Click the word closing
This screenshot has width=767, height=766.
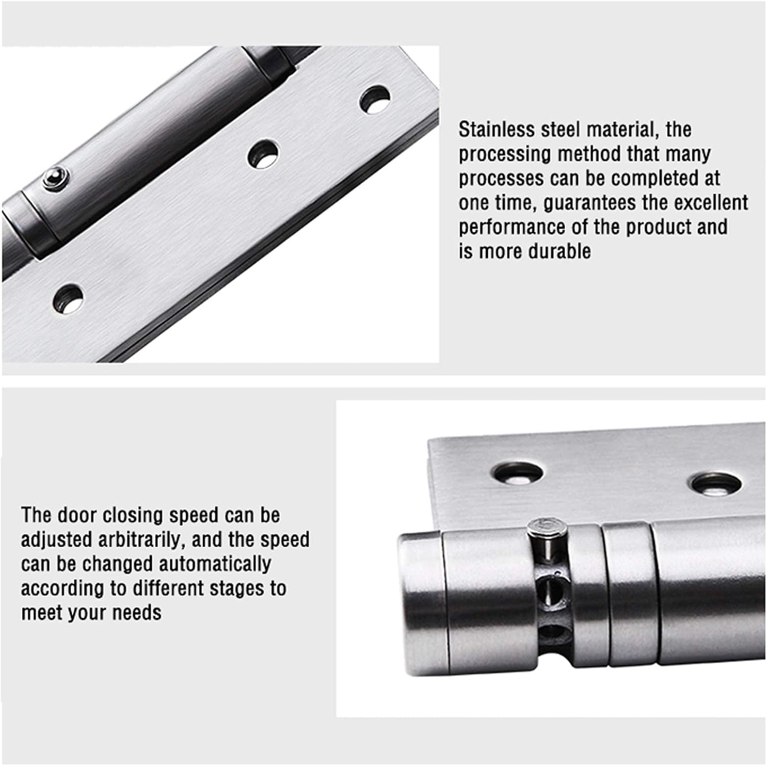pos(133,515)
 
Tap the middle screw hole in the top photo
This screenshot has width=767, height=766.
pos(263,153)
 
